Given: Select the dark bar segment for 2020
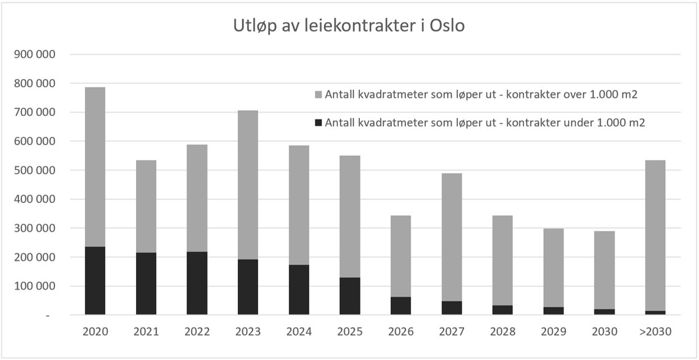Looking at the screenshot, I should [95, 281].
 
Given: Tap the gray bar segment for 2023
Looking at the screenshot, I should [248, 184].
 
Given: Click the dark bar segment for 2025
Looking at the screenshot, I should [350, 296].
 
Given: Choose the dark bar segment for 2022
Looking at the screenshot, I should [197, 283].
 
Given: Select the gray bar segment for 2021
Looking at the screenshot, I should [146, 206].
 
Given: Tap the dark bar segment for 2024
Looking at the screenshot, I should [299, 290].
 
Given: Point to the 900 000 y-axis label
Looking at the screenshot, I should [38, 55].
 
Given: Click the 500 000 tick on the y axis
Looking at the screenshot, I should [38, 170].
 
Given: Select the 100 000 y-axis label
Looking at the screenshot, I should [38, 286].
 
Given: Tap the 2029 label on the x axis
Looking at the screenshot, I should [553, 332].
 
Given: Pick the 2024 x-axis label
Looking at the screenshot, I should [299, 332].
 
